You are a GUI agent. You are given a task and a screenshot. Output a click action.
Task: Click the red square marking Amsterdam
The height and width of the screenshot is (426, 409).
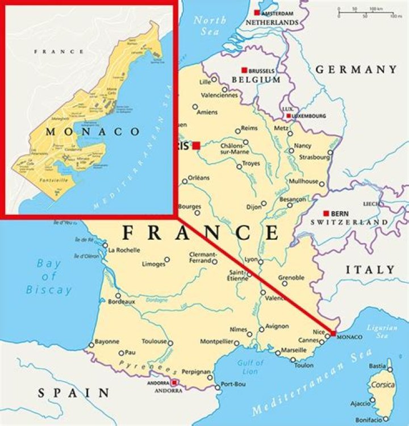257,12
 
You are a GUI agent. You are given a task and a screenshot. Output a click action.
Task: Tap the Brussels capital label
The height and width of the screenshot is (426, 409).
262,70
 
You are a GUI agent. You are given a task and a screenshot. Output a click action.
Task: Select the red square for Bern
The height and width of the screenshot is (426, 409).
326,213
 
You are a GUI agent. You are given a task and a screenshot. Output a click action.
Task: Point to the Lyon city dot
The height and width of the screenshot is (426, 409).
261,262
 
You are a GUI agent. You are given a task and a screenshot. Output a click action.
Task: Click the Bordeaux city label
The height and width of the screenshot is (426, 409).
121,302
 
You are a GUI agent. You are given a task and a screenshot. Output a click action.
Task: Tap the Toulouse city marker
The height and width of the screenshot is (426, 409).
170,343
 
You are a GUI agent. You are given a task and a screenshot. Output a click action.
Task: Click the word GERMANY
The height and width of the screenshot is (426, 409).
356,70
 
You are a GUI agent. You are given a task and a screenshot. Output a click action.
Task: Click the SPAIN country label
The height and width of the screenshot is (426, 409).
74,392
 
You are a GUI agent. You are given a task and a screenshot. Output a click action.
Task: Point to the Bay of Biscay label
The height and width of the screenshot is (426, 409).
49,277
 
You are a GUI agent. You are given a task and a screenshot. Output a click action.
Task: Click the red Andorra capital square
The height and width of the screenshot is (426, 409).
175,383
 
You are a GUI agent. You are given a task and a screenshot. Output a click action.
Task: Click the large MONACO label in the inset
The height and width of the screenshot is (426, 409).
92,132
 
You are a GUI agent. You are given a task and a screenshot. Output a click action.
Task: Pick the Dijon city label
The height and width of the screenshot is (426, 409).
254,206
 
